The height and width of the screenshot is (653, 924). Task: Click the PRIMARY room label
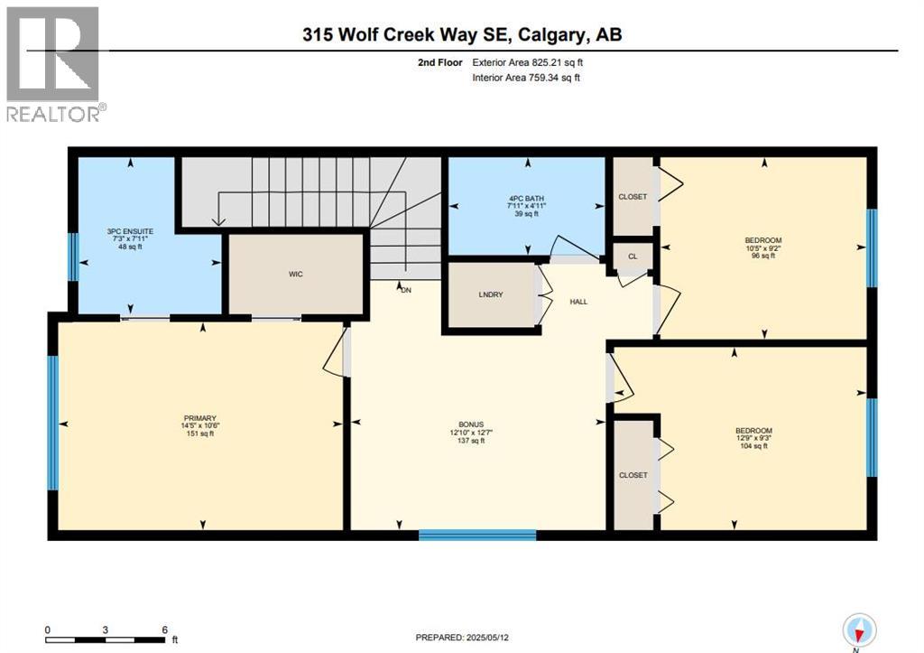click(199, 418)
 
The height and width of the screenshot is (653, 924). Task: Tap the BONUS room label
click(470, 424)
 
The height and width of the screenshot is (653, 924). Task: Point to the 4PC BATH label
click(527, 198)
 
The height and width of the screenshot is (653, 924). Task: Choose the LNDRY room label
click(490, 295)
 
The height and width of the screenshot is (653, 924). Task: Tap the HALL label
click(578, 302)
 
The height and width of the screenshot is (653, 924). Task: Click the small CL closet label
click(633, 257)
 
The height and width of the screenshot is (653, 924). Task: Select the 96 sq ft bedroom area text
click(763, 256)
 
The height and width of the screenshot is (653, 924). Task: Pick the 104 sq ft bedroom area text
click(753, 445)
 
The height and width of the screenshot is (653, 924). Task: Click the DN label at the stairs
click(406, 289)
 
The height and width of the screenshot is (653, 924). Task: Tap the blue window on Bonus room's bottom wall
click(477, 535)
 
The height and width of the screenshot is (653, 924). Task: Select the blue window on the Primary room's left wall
click(52, 423)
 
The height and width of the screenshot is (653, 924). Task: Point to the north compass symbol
click(858, 629)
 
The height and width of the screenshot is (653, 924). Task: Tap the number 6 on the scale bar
click(164, 630)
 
